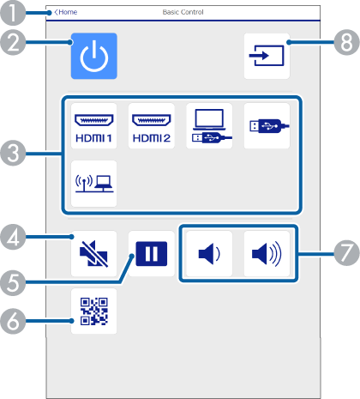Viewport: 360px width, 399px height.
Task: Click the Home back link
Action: pyautogui.click(x=66, y=12)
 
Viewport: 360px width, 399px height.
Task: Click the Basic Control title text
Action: pyautogui.click(x=183, y=12)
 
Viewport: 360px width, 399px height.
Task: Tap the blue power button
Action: pyautogui.click(x=94, y=56)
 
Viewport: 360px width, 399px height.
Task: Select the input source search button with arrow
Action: pyautogui.click(x=267, y=56)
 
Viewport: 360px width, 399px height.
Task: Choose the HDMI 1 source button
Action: pyautogui.click(x=94, y=126)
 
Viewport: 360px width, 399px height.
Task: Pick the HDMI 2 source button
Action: pyautogui.click(x=152, y=126)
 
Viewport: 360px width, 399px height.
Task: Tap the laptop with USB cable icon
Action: pyautogui.click(x=209, y=126)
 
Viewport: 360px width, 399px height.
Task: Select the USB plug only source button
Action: pyautogui.click(x=267, y=126)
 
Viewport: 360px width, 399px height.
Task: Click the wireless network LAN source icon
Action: pyautogui.click(x=94, y=184)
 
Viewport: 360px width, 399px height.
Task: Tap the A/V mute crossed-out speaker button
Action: pyautogui.click(x=94, y=254)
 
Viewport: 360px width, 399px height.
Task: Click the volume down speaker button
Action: pyautogui.click(x=209, y=254)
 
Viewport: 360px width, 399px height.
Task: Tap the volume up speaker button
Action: pyautogui.click(x=267, y=254)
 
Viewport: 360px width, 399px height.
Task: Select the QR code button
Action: pyautogui.click(x=94, y=311)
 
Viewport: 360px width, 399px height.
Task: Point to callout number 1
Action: pyautogui.click(x=13, y=13)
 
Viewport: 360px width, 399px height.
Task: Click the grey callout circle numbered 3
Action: pyautogui.click(x=13, y=154)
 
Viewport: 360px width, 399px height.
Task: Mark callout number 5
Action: pyautogui.click(x=13, y=283)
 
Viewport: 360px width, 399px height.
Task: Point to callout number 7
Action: pyautogui.click(x=346, y=253)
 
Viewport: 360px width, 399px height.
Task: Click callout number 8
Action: pyautogui.click(x=346, y=43)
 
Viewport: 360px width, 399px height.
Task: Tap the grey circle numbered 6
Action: pyautogui.click(x=13, y=321)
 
